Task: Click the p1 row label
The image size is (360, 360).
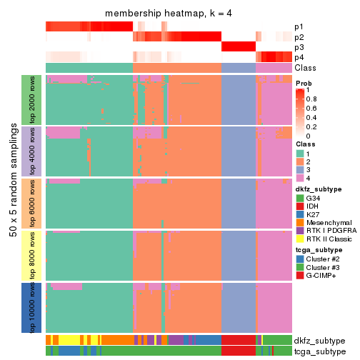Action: [x=299, y=26]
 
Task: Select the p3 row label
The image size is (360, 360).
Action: [x=299, y=47]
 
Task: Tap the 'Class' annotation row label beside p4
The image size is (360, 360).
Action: [x=305, y=67]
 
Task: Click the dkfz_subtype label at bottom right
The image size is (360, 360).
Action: [x=319, y=340]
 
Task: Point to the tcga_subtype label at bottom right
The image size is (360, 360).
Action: [x=319, y=351]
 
